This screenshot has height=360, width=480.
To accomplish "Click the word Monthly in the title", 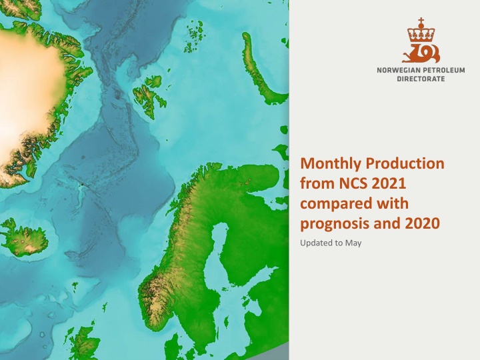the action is [x=331, y=164].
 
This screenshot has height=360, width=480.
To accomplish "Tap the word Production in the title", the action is [x=405, y=163].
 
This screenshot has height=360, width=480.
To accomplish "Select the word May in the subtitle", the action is [x=353, y=243].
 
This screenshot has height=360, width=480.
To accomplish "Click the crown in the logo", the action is [x=421, y=35].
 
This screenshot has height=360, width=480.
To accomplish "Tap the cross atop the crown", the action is [x=421, y=21].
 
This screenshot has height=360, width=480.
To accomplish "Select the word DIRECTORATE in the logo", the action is [x=421, y=79].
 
